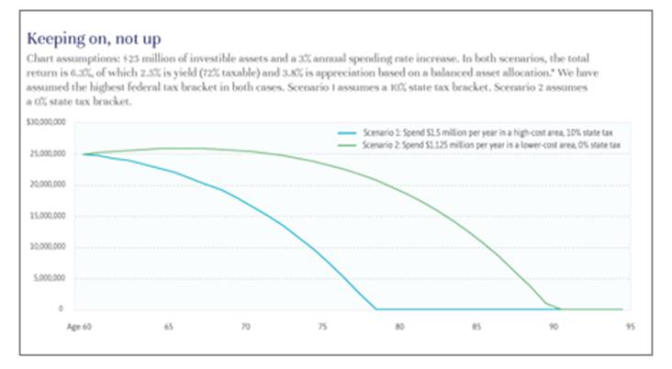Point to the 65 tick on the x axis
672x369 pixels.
[169, 326]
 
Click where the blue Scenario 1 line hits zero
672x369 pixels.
[376, 308]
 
